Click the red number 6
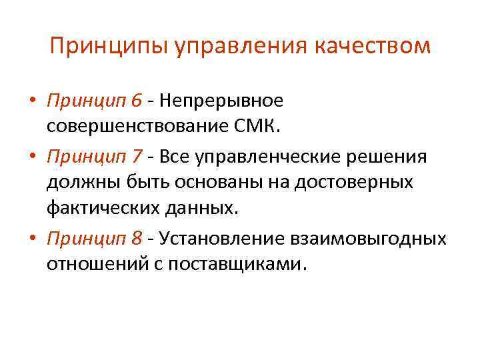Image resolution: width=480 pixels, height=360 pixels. click(136, 101)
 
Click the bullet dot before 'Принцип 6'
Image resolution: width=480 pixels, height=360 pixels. click(31, 101)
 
